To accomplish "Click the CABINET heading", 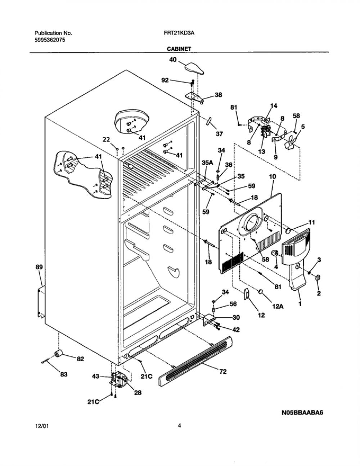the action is pyautogui.click(x=179, y=49).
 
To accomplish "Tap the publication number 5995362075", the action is pyautogui.click(x=50, y=40).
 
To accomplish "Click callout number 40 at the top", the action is pyautogui.click(x=173, y=60).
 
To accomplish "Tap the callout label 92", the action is pyautogui.click(x=165, y=80).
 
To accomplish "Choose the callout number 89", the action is pyautogui.click(x=39, y=267).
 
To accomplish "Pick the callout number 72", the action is pyautogui.click(x=223, y=371).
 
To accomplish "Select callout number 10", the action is pyautogui.click(x=273, y=177).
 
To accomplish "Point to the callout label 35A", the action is pyautogui.click(x=207, y=163).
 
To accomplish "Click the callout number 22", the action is pyautogui.click(x=106, y=139).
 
